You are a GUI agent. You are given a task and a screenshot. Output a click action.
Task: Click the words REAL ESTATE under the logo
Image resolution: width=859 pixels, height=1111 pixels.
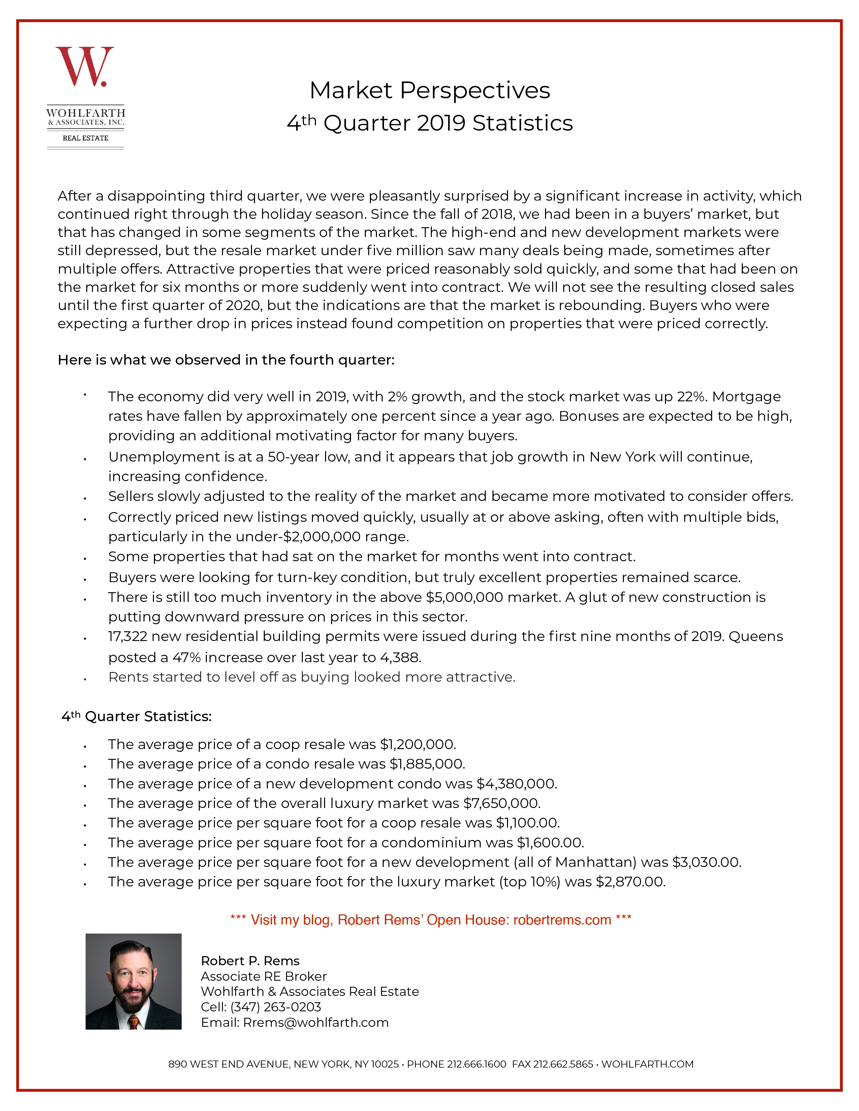[86, 138]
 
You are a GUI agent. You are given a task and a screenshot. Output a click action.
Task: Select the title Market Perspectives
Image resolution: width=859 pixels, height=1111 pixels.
[429, 91]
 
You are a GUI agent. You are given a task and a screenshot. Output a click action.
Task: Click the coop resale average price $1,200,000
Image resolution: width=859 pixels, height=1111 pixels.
[418, 744]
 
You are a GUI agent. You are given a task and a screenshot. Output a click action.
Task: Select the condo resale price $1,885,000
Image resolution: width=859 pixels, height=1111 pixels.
[427, 764]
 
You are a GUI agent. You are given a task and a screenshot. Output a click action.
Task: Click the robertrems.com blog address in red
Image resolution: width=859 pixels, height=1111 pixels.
[562, 920]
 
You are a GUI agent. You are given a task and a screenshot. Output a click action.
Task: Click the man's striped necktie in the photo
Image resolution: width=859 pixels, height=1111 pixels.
[133, 1021]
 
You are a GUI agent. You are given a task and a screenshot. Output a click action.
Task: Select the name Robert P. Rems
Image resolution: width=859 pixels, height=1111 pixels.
[250, 961]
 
